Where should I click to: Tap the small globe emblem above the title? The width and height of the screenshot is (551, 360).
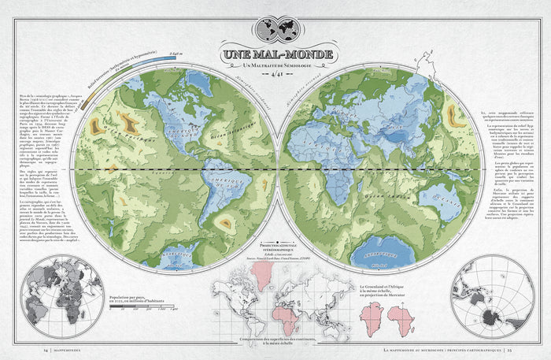coord(275,29)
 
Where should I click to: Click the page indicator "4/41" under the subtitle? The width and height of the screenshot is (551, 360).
coord(275,76)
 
